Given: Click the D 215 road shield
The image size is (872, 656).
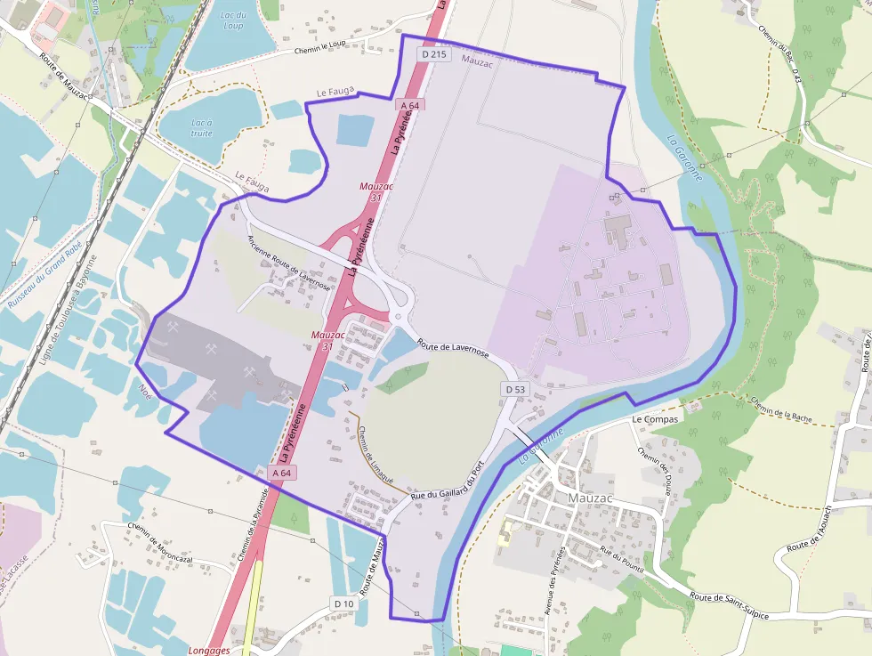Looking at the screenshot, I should (435, 54).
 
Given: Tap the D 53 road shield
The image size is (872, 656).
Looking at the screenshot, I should (516, 389).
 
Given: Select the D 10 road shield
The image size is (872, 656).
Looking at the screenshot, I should (344, 603).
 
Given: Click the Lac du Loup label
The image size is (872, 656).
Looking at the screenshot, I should (233, 20).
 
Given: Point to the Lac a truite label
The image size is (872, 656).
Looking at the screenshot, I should (202, 127).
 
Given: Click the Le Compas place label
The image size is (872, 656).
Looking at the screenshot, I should (655, 418).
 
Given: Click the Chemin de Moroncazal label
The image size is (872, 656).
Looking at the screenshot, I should (166, 541).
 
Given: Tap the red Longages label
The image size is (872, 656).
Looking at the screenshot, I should (210, 651).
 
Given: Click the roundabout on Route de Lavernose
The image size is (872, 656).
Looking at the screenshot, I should (398, 317).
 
